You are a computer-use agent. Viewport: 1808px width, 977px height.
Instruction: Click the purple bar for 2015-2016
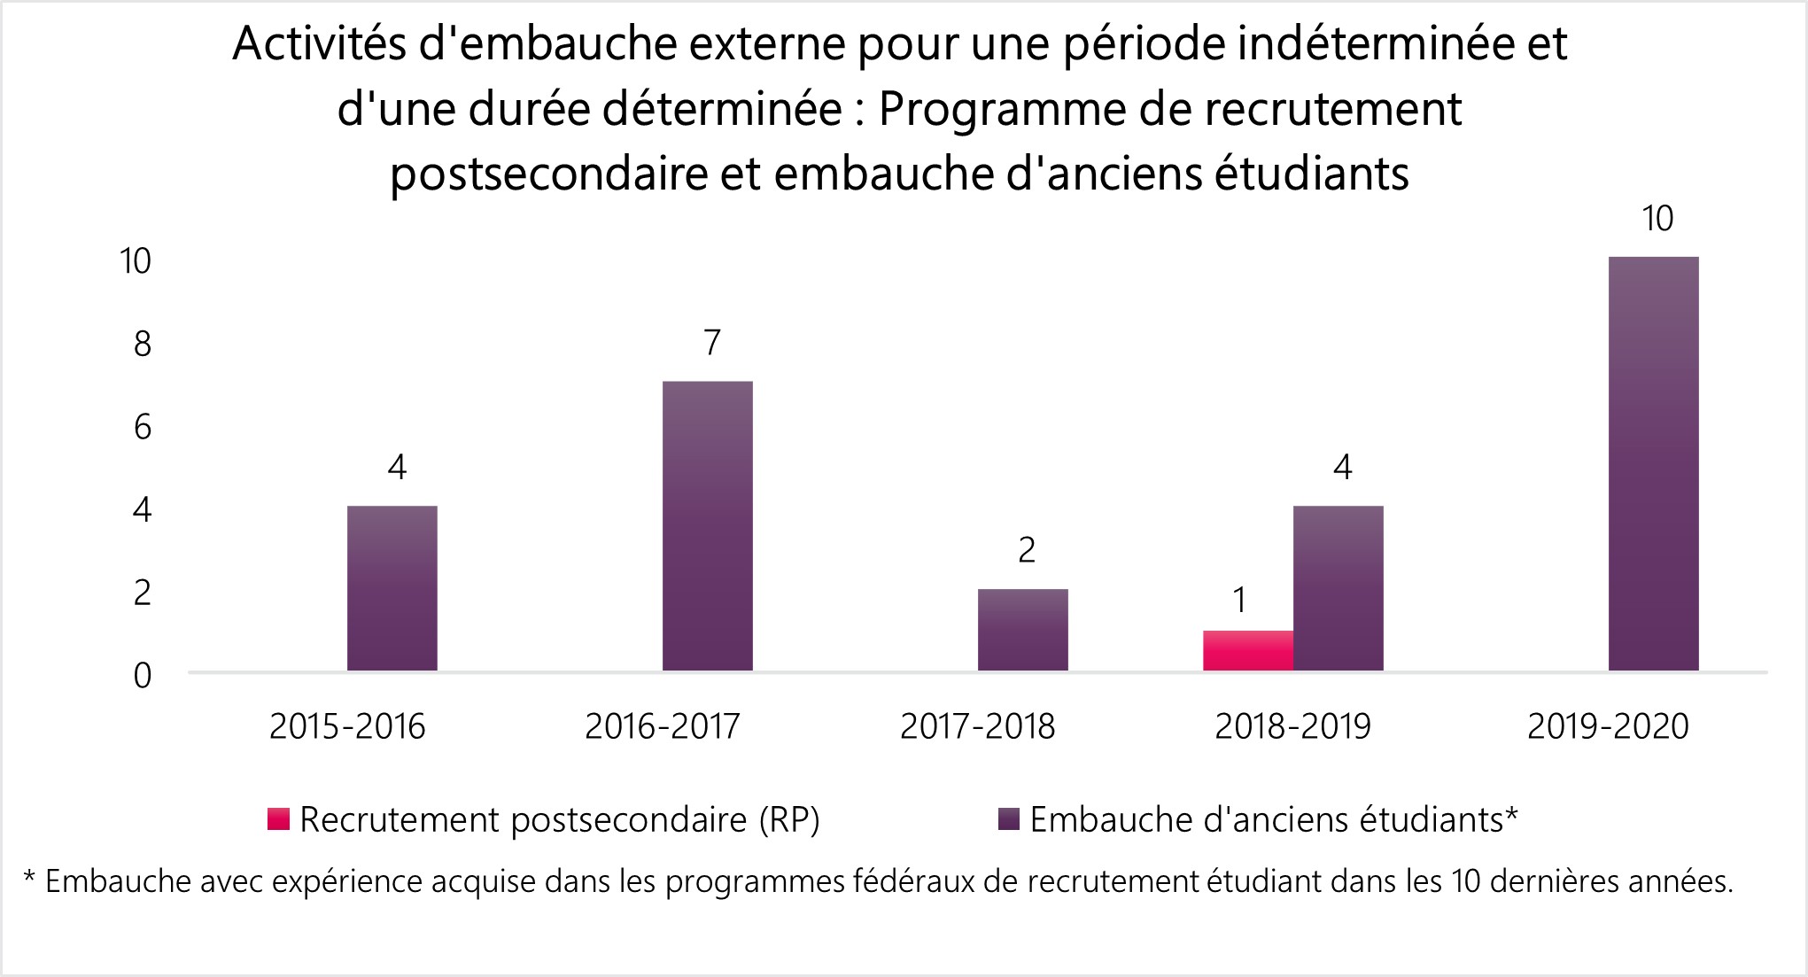coord(392,588)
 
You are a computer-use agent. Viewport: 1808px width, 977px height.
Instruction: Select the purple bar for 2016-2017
coord(707,526)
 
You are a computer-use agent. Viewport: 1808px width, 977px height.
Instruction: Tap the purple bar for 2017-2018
coord(1022,630)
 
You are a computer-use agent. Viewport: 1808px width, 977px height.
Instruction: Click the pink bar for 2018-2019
coord(1247,651)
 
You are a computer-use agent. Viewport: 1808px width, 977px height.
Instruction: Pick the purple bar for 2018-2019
coord(1338,588)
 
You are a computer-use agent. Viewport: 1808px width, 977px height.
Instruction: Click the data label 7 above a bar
coord(712,343)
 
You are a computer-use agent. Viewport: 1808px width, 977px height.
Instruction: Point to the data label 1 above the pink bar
coord(1240,601)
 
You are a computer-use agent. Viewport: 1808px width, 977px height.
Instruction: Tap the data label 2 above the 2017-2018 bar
coord(1026,551)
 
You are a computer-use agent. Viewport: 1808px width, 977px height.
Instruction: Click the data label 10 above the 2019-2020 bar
coord(1657,219)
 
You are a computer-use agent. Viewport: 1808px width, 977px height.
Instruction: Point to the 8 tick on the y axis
coord(143,345)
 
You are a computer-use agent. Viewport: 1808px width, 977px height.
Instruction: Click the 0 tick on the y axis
coord(143,676)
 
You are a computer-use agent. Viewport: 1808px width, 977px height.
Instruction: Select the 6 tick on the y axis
coord(143,428)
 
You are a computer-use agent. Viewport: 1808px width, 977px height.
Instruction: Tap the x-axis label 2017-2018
coord(977,727)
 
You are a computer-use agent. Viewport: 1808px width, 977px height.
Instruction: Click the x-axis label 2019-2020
coord(1608,727)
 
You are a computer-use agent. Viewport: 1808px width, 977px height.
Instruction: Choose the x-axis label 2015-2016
coord(347,727)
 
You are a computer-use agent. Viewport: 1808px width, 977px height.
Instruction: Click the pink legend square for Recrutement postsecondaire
coord(279,819)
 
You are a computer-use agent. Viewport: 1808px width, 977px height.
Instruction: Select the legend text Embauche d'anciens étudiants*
coord(1274,819)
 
